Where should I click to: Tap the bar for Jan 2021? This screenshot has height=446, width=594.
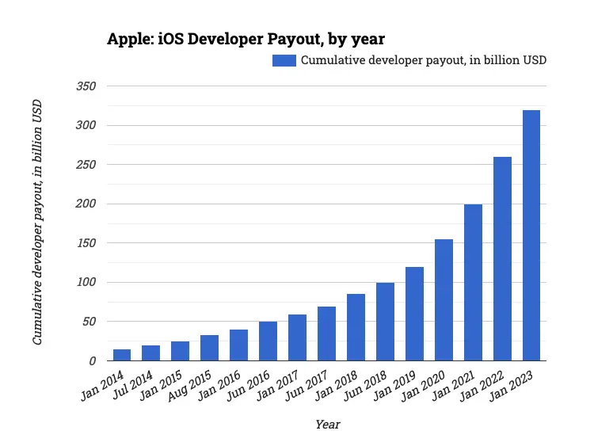[473, 283]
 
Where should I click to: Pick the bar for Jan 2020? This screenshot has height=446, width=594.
[444, 300]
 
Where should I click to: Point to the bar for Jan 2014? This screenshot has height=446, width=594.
[122, 355]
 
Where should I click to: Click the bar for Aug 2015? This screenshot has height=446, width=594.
[210, 348]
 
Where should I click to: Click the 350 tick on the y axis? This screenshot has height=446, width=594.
[86, 86]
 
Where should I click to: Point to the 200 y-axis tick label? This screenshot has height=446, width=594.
[86, 204]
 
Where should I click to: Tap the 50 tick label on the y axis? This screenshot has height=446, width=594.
[88, 322]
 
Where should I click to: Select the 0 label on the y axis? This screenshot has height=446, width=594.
[92, 360]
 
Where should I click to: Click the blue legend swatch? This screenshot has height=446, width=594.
[284, 60]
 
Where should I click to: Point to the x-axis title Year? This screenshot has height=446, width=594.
[327, 425]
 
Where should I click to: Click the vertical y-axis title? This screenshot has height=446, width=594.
[37, 222]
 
